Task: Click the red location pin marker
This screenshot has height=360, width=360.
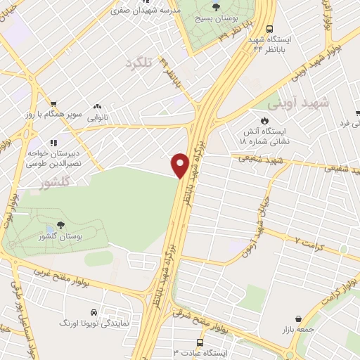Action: (x=180, y=165)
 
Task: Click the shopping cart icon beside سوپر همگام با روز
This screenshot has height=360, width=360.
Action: (x=53, y=103)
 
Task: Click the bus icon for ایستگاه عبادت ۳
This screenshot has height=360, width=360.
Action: (x=200, y=342)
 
